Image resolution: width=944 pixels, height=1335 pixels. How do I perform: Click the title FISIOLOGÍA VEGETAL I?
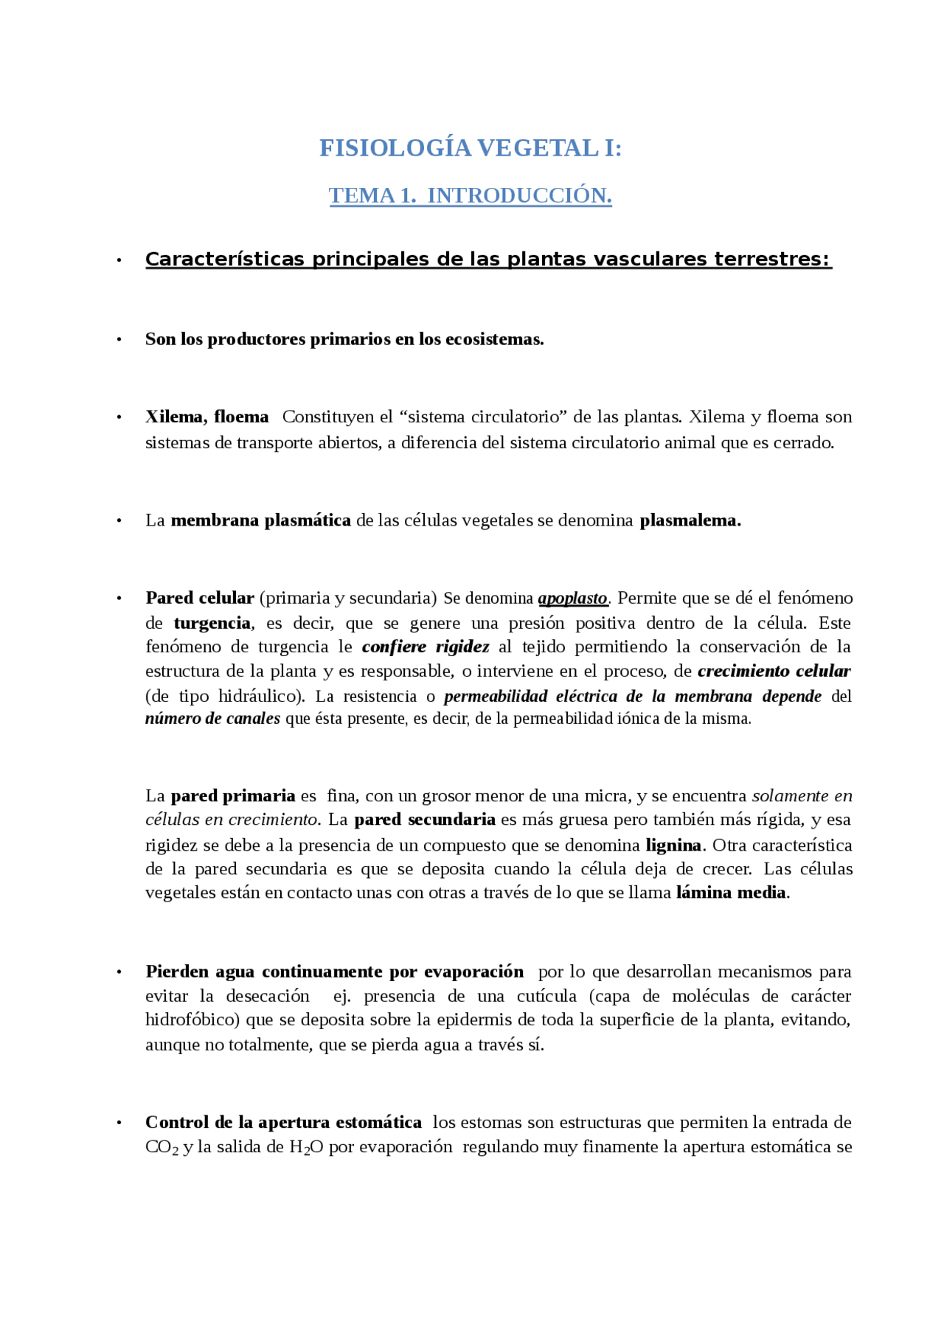(x=471, y=148)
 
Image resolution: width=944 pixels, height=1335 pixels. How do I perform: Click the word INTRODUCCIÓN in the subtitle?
(x=519, y=195)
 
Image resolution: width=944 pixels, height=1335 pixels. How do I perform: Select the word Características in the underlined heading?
(x=224, y=259)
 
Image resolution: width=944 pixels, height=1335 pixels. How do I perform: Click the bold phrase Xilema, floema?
(x=206, y=416)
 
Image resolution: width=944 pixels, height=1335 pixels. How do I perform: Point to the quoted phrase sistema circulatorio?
(x=487, y=416)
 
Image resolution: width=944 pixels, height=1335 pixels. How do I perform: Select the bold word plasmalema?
(x=690, y=520)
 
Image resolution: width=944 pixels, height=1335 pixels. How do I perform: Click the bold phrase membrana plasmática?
(x=260, y=520)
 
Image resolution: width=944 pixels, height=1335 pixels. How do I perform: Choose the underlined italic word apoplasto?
(x=572, y=598)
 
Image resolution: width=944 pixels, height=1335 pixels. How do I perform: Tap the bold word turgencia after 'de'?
(x=212, y=623)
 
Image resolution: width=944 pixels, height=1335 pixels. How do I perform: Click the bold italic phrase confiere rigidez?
(x=426, y=646)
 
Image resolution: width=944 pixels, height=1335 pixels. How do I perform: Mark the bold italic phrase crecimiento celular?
(x=774, y=671)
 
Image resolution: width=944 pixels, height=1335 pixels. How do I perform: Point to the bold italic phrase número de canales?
(x=212, y=719)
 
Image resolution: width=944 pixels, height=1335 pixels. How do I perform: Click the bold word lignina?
(x=673, y=845)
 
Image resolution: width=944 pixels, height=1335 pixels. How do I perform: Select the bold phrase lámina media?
(x=731, y=893)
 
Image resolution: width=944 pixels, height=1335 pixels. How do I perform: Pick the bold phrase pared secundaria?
(x=425, y=820)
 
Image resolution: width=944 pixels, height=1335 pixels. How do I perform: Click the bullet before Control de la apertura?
(x=119, y=1123)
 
